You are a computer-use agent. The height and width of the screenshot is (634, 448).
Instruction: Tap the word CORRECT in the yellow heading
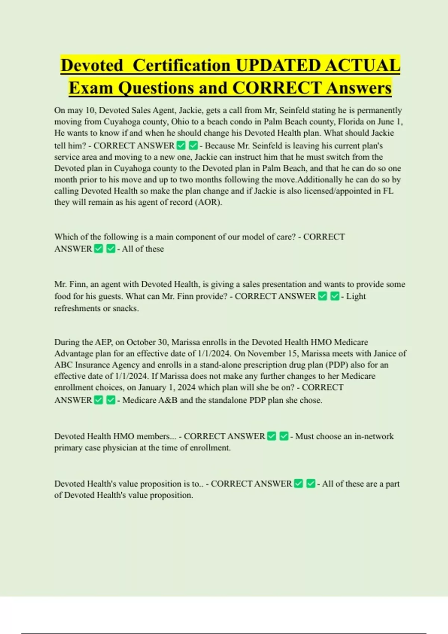(276, 88)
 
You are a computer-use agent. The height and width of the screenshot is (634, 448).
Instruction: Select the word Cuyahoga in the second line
(122, 122)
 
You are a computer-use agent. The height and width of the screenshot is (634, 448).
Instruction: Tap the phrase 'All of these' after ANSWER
(143, 249)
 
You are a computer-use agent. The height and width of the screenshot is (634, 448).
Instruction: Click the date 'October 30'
(147, 342)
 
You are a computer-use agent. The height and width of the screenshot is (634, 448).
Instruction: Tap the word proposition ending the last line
(171, 495)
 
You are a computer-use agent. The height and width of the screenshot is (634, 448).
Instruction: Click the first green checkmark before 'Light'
(323, 296)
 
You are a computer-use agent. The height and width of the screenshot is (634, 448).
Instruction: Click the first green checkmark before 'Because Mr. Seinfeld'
(181, 145)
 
